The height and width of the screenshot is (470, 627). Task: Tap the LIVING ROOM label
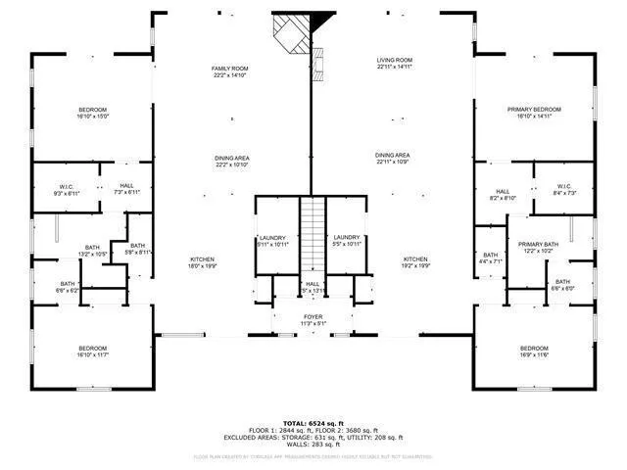(x=395, y=64)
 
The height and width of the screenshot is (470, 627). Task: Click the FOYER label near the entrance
(x=313, y=320)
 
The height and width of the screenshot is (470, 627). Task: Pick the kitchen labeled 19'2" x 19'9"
(x=416, y=262)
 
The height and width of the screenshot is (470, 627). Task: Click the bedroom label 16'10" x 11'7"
(x=93, y=352)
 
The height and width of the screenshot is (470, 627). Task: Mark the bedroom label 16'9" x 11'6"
(x=534, y=352)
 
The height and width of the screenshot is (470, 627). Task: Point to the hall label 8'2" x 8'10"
(x=503, y=195)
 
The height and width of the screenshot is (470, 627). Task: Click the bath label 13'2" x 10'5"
(x=93, y=251)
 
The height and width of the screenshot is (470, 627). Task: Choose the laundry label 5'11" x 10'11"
(x=273, y=240)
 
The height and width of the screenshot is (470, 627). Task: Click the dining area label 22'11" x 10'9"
(x=392, y=159)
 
